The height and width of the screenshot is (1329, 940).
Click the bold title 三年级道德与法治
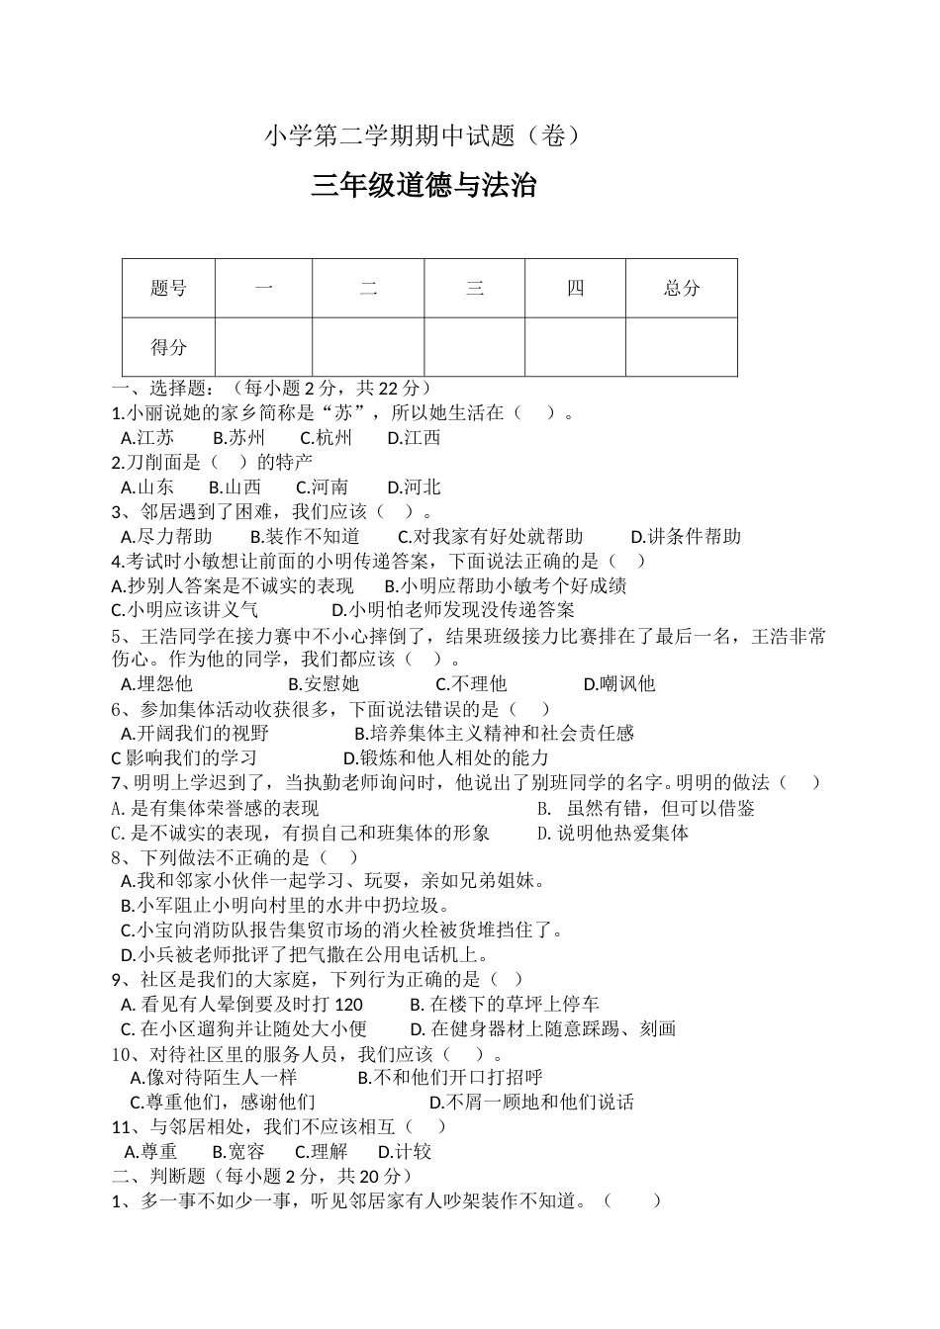coord(423,186)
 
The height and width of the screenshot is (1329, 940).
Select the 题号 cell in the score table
coord(168,288)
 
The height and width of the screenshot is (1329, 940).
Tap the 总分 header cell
coord(682,288)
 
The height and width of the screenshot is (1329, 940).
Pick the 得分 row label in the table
coord(168,347)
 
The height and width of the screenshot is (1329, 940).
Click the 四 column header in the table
coord(575,288)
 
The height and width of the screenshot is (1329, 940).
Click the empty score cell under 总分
coord(682,347)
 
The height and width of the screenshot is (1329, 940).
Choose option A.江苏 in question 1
coord(147,438)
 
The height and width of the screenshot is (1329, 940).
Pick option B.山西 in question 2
coord(235,487)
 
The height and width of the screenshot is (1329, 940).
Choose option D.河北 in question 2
coord(414,487)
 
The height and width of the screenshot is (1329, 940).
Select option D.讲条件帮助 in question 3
coord(686,537)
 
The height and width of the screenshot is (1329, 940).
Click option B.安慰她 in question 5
coord(324,684)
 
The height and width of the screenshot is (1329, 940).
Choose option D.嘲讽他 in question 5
coord(619,684)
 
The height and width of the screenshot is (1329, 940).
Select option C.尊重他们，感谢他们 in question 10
coord(223,1103)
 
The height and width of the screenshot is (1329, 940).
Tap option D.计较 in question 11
coord(405,1152)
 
